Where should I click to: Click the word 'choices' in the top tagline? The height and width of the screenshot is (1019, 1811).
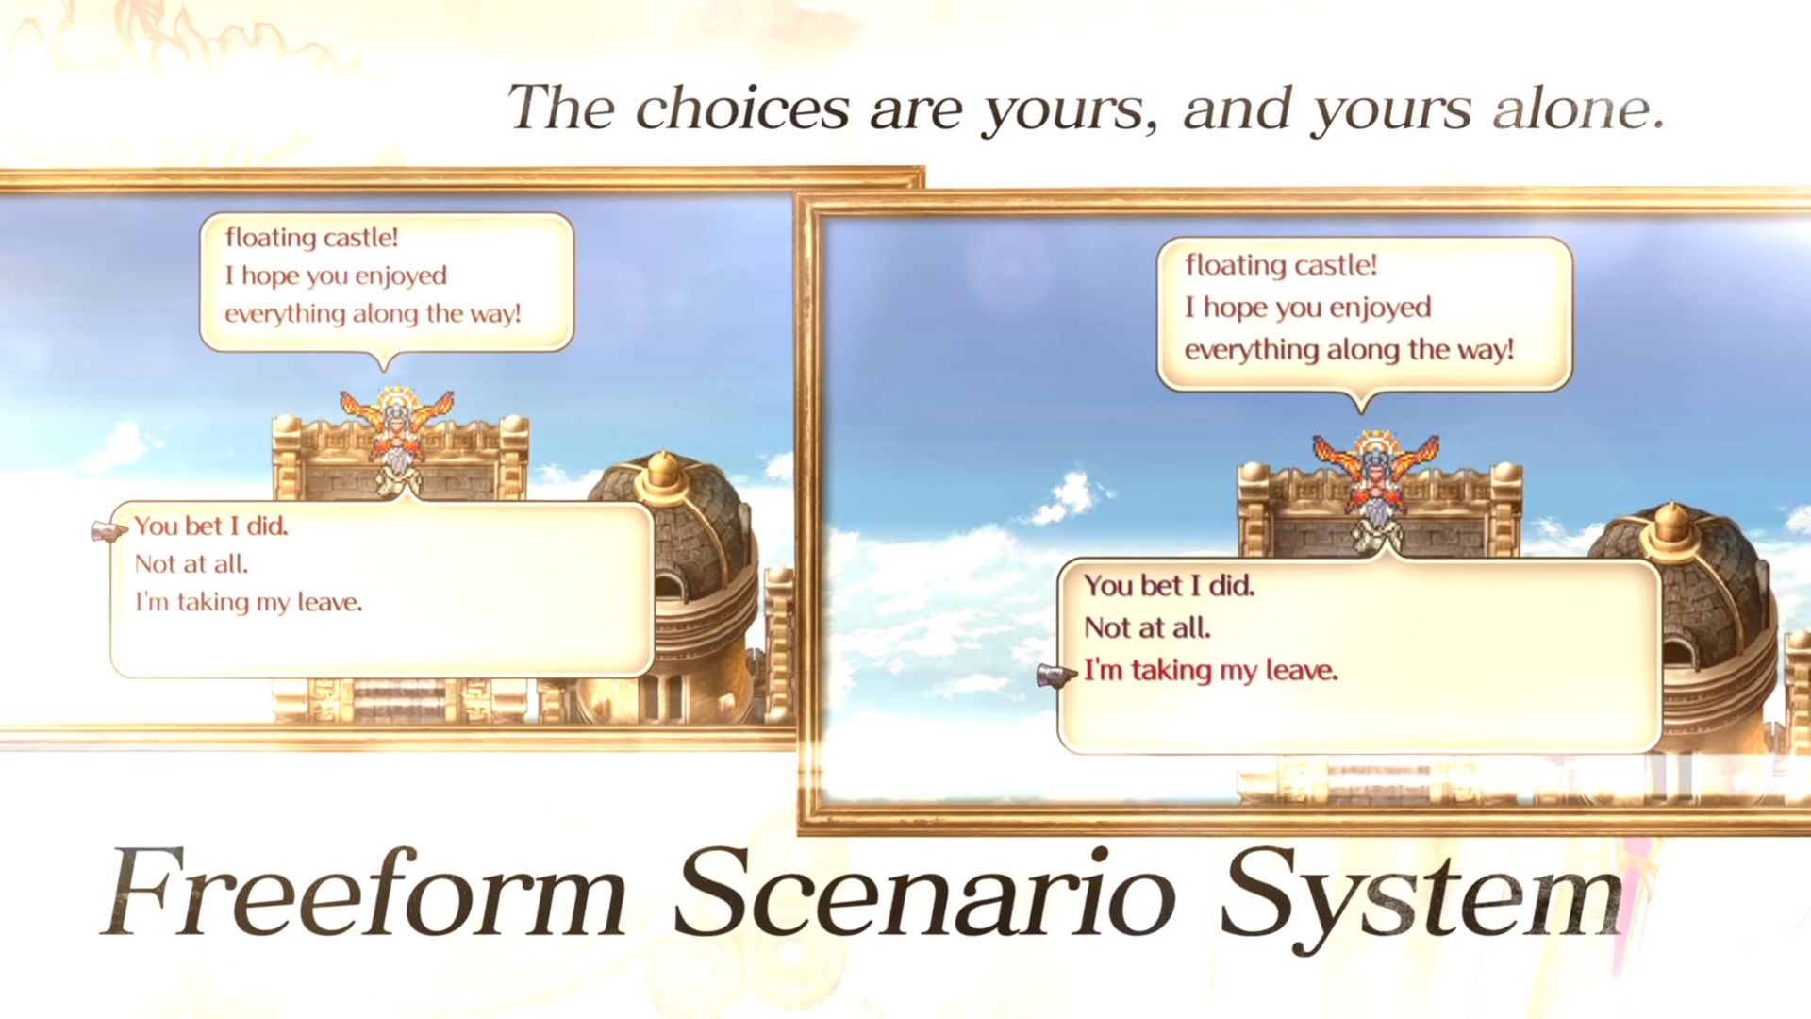742,108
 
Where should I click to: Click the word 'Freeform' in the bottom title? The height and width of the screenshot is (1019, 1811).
364,892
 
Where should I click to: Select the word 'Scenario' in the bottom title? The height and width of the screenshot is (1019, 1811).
924,892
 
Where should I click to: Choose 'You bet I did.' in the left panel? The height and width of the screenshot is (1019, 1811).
211,526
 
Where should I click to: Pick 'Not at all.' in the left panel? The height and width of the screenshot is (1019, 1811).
191,564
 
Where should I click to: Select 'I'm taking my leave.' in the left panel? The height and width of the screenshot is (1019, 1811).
249,602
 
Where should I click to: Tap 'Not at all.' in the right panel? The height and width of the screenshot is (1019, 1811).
1148,627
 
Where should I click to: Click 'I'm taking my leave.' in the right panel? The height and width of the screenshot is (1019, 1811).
1211,671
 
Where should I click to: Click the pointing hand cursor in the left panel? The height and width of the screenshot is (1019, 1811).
110,531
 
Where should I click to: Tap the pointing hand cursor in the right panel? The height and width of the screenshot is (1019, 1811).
1057,677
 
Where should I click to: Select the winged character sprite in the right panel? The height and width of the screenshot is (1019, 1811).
1376,489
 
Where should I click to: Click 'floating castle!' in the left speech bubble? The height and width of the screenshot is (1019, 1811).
311,238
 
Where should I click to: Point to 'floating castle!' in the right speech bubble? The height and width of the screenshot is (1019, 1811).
1281,265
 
